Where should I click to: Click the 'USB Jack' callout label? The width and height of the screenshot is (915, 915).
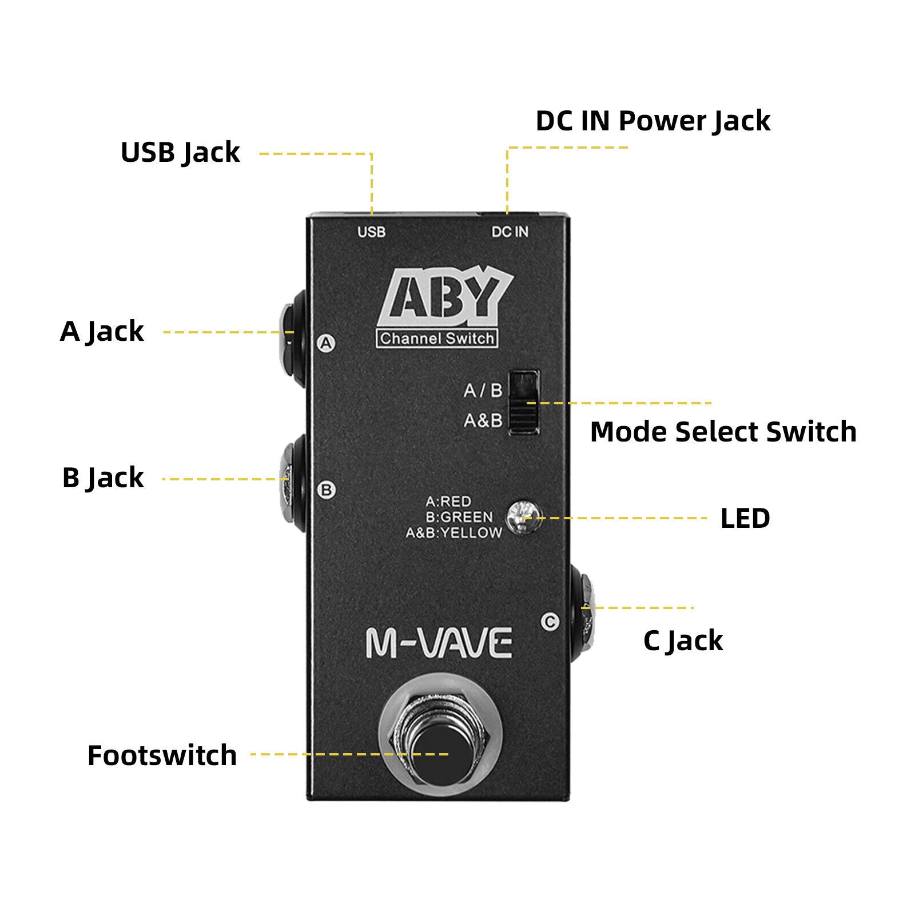pyautogui.click(x=180, y=153)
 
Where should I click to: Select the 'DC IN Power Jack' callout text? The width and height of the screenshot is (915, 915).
pyautogui.click(x=653, y=121)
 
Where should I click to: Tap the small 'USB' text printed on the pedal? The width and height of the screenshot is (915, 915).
pyautogui.click(x=371, y=232)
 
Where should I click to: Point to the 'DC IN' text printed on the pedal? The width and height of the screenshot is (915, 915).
pyautogui.click(x=510, y=232)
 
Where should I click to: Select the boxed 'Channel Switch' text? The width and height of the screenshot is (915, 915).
pyautogui.click(x=436, y=339)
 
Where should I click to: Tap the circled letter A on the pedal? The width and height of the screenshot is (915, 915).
pyautogui.click(x=326, y=343)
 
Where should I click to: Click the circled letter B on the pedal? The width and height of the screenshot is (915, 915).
pyautogui.click(x=327, y=490)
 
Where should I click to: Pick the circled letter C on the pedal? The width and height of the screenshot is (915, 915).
pyautogui.click(x=550, y=621)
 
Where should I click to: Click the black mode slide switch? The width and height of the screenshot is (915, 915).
pyautogui.click(x=524, y=403)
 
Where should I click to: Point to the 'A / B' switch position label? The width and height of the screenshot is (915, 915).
pyautogui.click(x=483, y=391)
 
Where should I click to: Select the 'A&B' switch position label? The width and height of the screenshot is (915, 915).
pyautogui.click(x=483, y=421)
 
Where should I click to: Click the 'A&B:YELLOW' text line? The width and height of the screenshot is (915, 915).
pyautogui.click(x=453, y=533)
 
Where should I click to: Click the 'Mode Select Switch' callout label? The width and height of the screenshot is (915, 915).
pyautogui.click(x=723, y=432)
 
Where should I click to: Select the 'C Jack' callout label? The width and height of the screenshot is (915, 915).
pyautogui.click(x=683, y=640)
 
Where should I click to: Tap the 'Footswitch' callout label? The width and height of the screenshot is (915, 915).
pyautogui.click(x=162, y=755)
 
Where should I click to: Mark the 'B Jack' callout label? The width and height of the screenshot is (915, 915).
pyautogui.click(x=103, y=478)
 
